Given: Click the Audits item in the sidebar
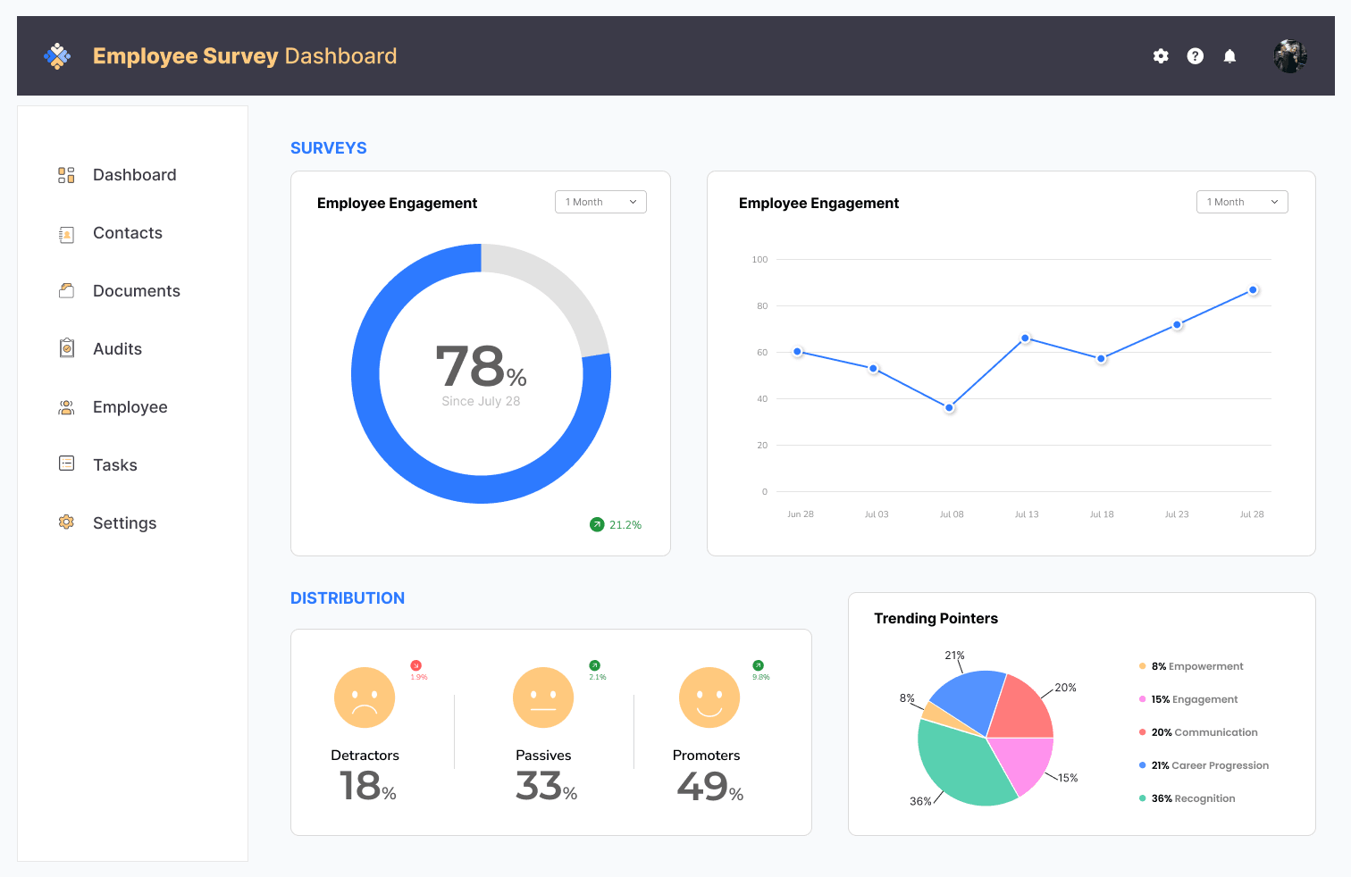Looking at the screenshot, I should pos(116,349).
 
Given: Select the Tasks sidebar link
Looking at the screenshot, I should pos(114,465).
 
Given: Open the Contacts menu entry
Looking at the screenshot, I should pos(127,233).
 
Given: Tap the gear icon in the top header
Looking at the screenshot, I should pos(1161,56).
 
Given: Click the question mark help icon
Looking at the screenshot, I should pos(1195,56).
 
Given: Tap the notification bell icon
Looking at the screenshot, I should pos(1229,56).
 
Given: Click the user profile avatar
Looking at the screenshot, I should pos(1289,56).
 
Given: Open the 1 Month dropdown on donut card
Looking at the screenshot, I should pos(600,202).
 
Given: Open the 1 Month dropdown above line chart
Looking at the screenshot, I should pos(1241,202).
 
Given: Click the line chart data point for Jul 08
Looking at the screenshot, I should pos(950,408).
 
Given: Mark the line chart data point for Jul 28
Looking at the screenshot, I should pos(1253,290).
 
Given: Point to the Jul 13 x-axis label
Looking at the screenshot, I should pos(1027,514).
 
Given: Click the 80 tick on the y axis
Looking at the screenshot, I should pos(762,306).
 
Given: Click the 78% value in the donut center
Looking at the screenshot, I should pos(480,367).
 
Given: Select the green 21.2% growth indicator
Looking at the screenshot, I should pos(616,525).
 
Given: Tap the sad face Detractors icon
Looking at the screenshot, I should pos(365,697).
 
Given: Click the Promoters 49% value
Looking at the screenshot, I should pos(709,787).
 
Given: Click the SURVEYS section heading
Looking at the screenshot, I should pos(328,148).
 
